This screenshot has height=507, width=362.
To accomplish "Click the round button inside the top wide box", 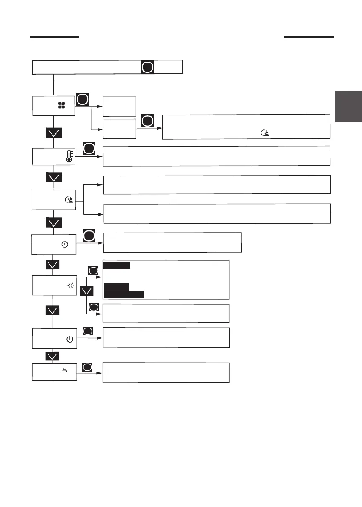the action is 147,67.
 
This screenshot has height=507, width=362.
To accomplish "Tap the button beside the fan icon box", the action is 82,100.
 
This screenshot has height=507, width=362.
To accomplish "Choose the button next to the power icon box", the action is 87,331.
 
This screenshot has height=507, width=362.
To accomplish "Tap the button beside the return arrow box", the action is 87,367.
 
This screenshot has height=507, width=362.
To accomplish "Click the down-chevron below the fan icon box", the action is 54,133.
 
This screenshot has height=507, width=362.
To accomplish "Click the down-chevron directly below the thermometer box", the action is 54,177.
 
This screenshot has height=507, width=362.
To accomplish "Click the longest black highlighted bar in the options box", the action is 124,294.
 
